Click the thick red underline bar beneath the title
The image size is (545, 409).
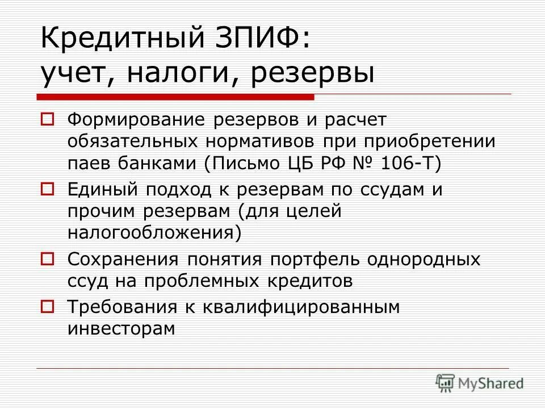tap(176, 97)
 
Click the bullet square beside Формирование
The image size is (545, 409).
tap(48, 120)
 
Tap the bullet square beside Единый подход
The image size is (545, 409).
tap(48, 188)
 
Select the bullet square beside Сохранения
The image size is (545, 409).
tap(48, 258)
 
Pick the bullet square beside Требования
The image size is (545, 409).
tap(48, 306)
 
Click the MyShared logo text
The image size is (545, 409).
tap(491, 383)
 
